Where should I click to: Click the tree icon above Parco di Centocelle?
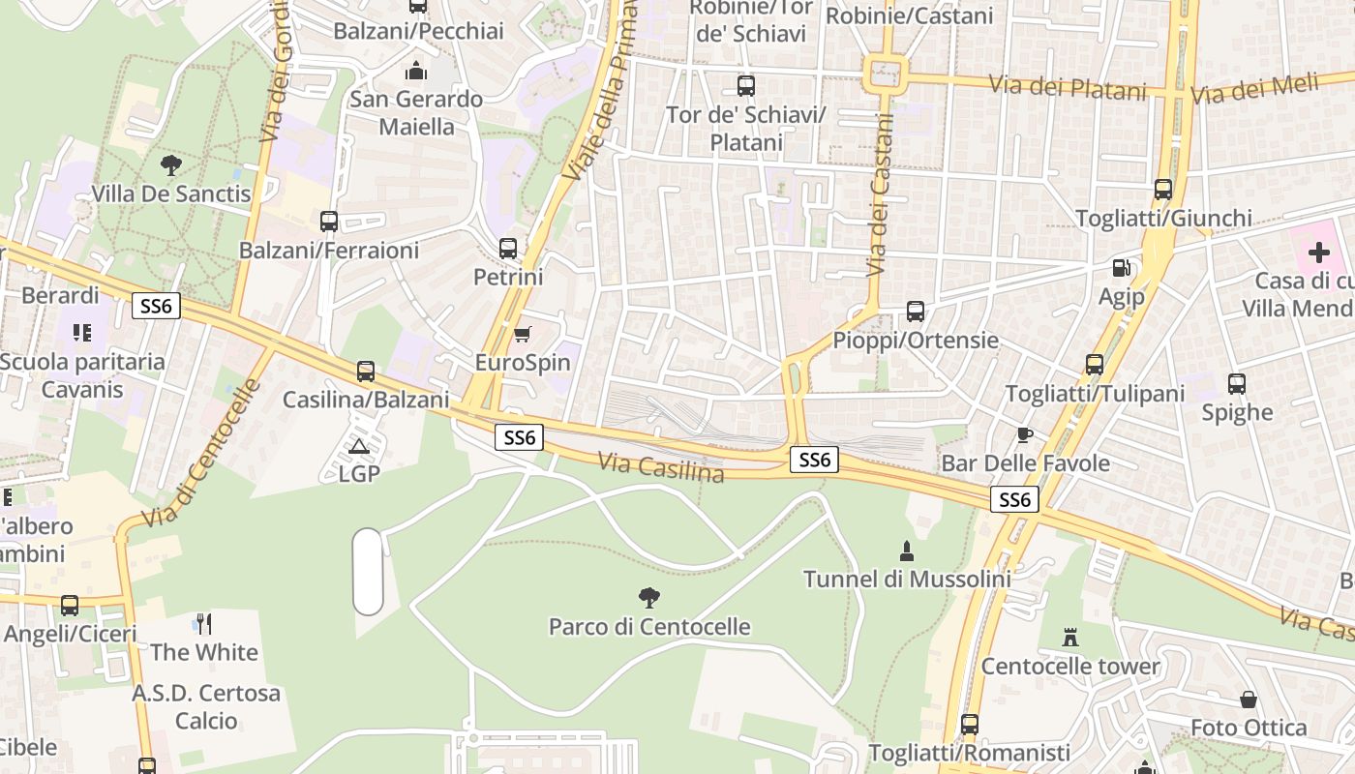click(x=649, y=597)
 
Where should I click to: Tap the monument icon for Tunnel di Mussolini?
click(x=907, y=551)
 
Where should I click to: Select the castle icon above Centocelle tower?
click(x=1069, y=638)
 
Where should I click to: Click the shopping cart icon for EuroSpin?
click(x=523, y=335)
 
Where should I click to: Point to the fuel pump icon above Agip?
click(x=1121, y=267)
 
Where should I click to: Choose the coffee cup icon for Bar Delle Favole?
click(x=1025, y=434)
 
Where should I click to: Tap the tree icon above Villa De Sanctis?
click(x=171, y=164)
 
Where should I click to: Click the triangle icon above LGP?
click(x=359, y=446)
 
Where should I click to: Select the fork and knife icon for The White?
click(x=204, y=623)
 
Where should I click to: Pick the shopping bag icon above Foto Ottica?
click(x=1249, y=700)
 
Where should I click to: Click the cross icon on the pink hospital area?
click(x=1318, y=253)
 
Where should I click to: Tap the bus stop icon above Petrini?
click(x=508, y=248)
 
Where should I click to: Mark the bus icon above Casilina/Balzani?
click(x=366, y=371)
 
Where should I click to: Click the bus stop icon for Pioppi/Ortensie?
click(x=916, y=312)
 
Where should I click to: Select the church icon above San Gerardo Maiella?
click(x=416, y=71)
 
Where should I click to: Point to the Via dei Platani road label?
click(x=1069, y=88)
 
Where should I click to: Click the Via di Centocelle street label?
click(x=201, y=453)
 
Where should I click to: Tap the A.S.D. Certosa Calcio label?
click(x=206, y=707)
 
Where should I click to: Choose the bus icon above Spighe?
click(x=1237, y=383)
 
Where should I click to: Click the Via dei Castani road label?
click(x=880, y=193)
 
